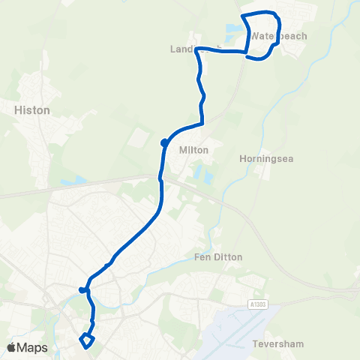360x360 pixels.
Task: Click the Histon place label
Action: [31, 110]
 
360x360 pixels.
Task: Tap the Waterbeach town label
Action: [278, 35]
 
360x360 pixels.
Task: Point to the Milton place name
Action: [193, 150]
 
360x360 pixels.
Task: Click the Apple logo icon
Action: [12, 347]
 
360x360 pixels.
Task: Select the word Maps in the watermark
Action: [33, 347]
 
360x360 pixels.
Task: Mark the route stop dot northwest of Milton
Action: [163, 142]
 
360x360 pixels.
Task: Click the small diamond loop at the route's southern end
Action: [86, 341]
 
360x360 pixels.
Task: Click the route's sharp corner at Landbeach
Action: [196, 49]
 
